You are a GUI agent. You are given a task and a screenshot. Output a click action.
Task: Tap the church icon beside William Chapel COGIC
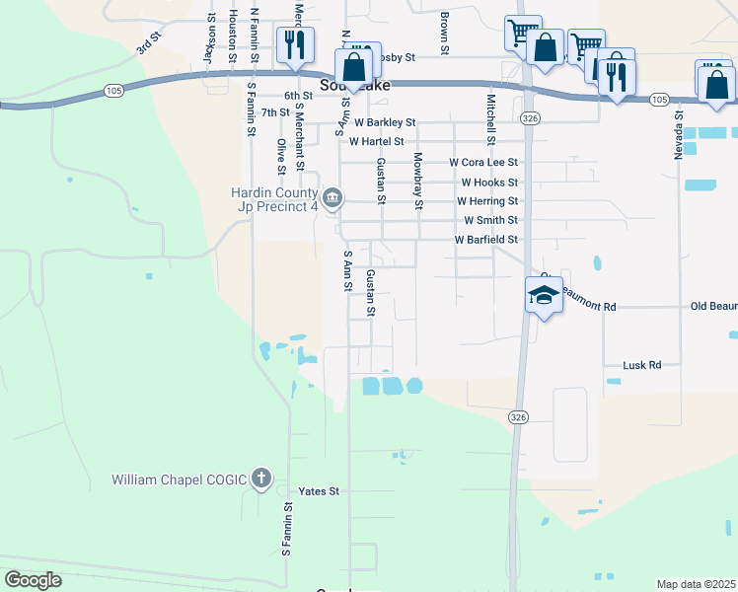pyautogui.click(x=260, y=480)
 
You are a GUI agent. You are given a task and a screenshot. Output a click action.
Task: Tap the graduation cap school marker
pyautogui.click(x=544, y=295)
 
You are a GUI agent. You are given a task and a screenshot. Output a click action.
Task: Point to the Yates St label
pyautogui.click(x=319, y=490)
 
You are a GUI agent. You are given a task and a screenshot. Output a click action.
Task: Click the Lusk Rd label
pyautogui.click(x=641, y=365)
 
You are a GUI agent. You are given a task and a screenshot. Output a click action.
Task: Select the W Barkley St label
pyautogui.click(x=386, y=122)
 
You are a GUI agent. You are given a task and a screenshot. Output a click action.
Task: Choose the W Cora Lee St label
pyautogui.click(x=482, y=162)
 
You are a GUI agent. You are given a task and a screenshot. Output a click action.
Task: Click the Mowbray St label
pyautogui.click(x=418, y=181)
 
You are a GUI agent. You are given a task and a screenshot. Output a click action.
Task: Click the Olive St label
pyautogui.click(x=282, y=157)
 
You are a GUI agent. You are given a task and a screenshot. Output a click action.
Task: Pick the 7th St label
pyautogui.click(x=275, y=111)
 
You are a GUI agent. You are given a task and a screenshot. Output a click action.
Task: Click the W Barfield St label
pyautogui.click(x=485, y=240)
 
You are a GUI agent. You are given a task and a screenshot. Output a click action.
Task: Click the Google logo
pyautogui.click(x=33, y=580)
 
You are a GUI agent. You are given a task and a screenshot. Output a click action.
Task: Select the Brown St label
pyautogui.click(x=445, y=34)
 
